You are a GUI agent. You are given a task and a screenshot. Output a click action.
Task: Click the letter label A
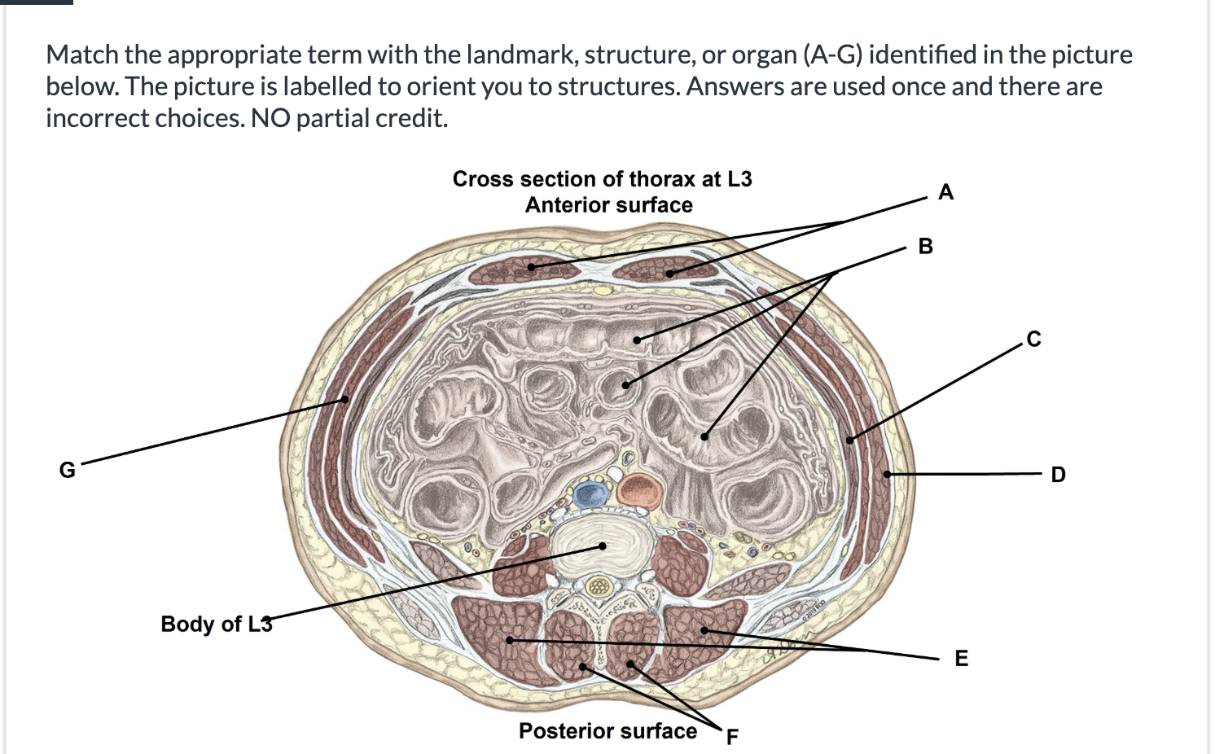pos(945,192)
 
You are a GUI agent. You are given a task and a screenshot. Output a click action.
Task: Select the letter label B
pos(925,246)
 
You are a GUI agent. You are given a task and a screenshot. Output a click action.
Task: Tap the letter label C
pos(1033,339)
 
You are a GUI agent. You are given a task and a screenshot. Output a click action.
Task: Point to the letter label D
pos(1058,474)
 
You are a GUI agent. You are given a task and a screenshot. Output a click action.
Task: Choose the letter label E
pos(961,658)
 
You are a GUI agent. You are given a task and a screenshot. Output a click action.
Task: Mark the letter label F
pos(731,737)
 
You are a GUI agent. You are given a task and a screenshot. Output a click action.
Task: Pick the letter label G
pos(68,470)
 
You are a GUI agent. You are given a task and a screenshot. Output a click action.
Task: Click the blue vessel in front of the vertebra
pos(591,493)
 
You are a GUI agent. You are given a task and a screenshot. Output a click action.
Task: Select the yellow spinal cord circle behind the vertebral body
pos(599,585)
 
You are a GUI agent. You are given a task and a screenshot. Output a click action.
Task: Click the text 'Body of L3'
pos(216,624)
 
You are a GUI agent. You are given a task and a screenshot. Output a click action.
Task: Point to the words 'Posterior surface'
pos(607,730)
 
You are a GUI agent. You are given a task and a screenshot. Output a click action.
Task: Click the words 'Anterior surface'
pos(608,205)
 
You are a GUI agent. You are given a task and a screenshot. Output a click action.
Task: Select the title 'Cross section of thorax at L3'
pos(602,179)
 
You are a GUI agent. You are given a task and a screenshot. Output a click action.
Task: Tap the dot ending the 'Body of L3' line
pos(603,546)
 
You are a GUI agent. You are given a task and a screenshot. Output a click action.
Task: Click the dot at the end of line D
pos(888,474)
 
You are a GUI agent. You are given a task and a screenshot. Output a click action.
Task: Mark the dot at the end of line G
pos(345,399)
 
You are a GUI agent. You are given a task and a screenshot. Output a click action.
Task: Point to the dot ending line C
pos(849,440)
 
